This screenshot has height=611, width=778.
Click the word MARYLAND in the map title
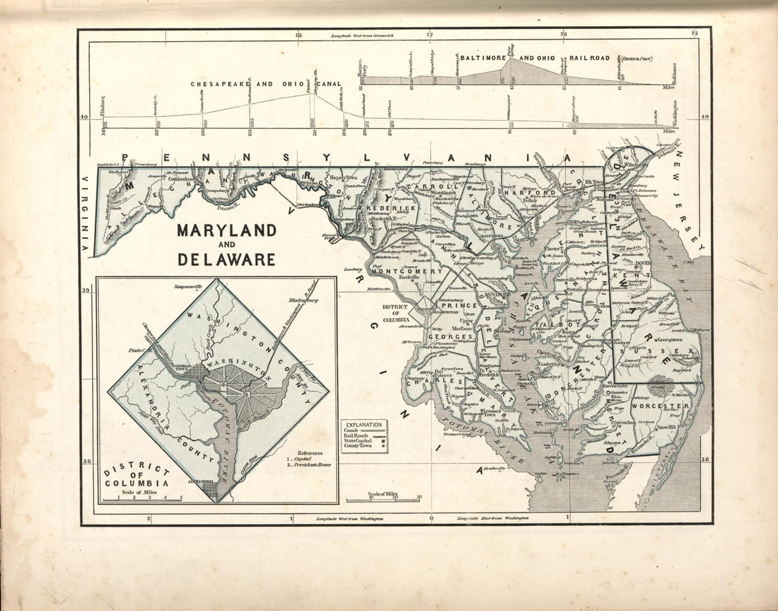(226, 231)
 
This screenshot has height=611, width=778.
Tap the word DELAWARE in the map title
(226, 259)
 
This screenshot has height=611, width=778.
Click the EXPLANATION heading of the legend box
(364, 423)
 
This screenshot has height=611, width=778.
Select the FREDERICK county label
(390, 210)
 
